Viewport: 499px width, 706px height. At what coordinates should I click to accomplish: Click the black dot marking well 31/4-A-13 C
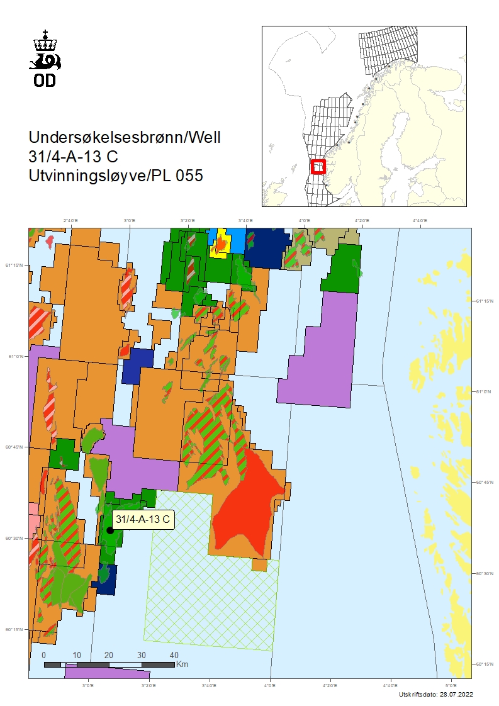coord(110,530)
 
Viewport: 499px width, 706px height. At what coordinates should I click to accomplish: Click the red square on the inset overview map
coord(318,167)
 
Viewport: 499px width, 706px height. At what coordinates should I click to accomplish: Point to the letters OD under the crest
coord(45,80)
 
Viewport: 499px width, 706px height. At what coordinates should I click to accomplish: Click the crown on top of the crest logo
coord(45,42)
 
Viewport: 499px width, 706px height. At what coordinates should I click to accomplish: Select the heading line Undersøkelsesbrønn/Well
coord(125,137)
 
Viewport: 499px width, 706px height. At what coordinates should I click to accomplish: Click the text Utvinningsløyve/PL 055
coord(116,176)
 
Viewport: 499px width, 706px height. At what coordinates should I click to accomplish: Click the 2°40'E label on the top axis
coord(70,221)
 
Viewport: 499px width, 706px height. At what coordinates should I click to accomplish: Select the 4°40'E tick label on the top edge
coord(419,221)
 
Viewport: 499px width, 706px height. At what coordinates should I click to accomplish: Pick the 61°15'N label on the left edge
coord(15,265)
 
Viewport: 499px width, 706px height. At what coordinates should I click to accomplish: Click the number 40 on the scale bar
coord(174,655)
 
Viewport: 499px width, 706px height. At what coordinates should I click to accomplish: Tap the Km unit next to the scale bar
coord(182,664)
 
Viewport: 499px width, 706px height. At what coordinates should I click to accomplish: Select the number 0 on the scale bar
coord(44,655)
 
